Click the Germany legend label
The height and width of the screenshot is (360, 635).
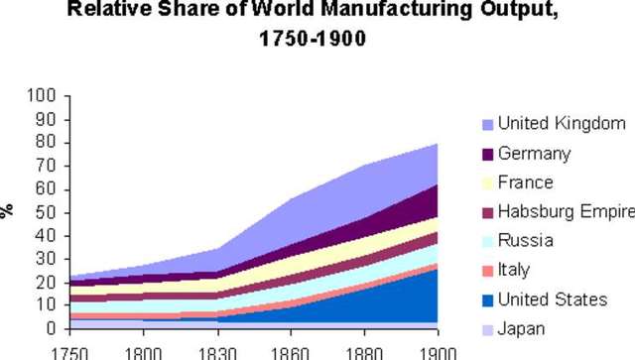click(534, 154)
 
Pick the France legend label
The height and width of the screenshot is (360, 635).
click(525, 183)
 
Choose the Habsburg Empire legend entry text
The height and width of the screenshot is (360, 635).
click(566, 212)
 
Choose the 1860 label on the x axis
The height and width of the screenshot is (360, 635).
click(291, 352)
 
